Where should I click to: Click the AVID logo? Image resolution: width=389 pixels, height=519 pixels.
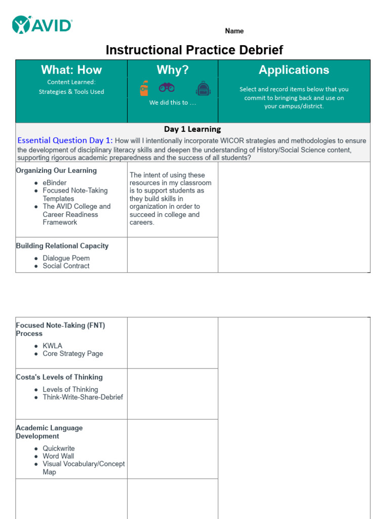(x=43, y=24)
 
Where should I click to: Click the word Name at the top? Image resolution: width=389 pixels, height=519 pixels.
(x=234, y=31)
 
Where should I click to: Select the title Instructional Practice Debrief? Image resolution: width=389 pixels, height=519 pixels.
(x=194, y=50)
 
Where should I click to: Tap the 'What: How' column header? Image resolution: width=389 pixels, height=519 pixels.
(x=71, y=70)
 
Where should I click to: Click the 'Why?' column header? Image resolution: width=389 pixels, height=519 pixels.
(x=172, y=70)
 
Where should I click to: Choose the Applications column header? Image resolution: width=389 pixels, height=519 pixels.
(x=294, y=70)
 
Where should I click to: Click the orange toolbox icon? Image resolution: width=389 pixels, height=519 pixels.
(x=144, y=88)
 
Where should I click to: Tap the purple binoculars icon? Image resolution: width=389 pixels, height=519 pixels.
(x=167, y=87)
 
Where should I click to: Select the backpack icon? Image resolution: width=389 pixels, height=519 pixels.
(x=203, y=89)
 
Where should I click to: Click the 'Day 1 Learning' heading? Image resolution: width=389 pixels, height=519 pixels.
(x=192, y=129)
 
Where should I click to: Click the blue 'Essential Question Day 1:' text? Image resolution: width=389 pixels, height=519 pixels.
(x=65, y=140)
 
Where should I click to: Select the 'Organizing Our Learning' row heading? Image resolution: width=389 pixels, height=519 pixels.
(x=56, y=170)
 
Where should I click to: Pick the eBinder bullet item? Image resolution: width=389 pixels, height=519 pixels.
(x=55, y=182)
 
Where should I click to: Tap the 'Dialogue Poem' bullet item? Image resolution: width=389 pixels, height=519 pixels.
(x=66, y=258)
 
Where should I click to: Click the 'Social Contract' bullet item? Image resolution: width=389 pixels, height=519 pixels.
(x=66, y=266)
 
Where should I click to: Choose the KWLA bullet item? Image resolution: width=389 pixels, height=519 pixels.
(x=53, y=346)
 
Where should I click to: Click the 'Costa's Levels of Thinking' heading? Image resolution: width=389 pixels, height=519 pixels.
(x=59, y=377)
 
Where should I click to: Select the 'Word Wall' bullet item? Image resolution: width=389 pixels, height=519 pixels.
(x=58, y=456)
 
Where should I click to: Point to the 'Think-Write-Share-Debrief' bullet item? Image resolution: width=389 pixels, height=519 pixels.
(x=83, y=397)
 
